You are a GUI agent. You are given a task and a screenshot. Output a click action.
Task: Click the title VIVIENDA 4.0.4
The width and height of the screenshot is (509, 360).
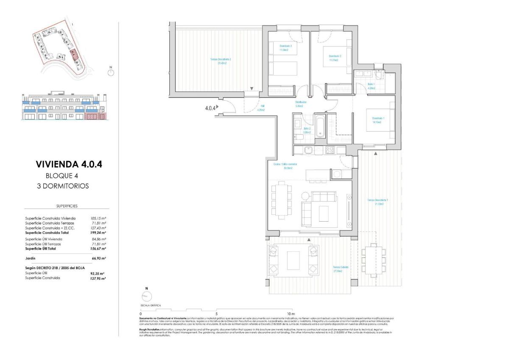tap(69, 164)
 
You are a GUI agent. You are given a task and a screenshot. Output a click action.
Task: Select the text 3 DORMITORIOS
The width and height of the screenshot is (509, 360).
tap(63, 186)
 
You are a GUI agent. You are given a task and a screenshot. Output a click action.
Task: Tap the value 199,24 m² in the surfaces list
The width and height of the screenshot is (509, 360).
tap(98, 233)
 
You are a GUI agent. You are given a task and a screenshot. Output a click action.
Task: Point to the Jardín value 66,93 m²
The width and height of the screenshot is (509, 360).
tap(98, 258)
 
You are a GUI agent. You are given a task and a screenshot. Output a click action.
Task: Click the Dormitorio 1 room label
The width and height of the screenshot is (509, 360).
tap(377, 120)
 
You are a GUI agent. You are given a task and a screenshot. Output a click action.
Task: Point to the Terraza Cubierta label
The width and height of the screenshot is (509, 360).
tap(340, 269)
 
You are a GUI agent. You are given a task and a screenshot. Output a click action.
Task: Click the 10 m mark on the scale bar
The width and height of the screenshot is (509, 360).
tap(291, 313)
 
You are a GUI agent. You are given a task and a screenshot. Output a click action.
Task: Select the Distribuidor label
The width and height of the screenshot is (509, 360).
tap(301, 104)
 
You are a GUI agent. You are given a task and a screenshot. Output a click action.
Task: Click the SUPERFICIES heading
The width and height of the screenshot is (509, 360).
tap(67, 206)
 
